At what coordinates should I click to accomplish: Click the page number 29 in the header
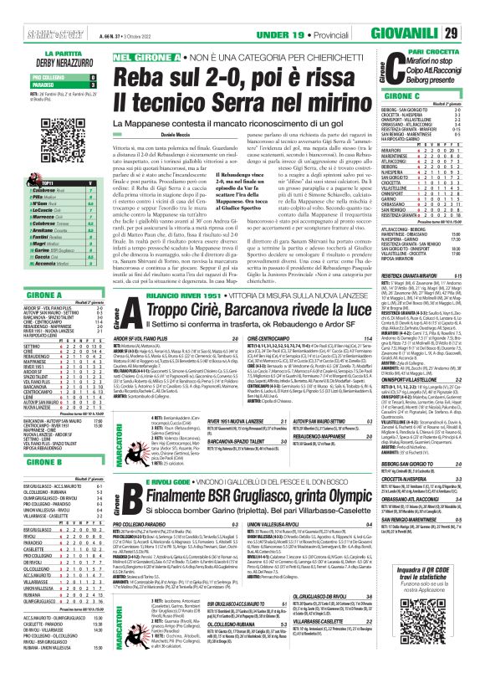click(473, 10)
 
